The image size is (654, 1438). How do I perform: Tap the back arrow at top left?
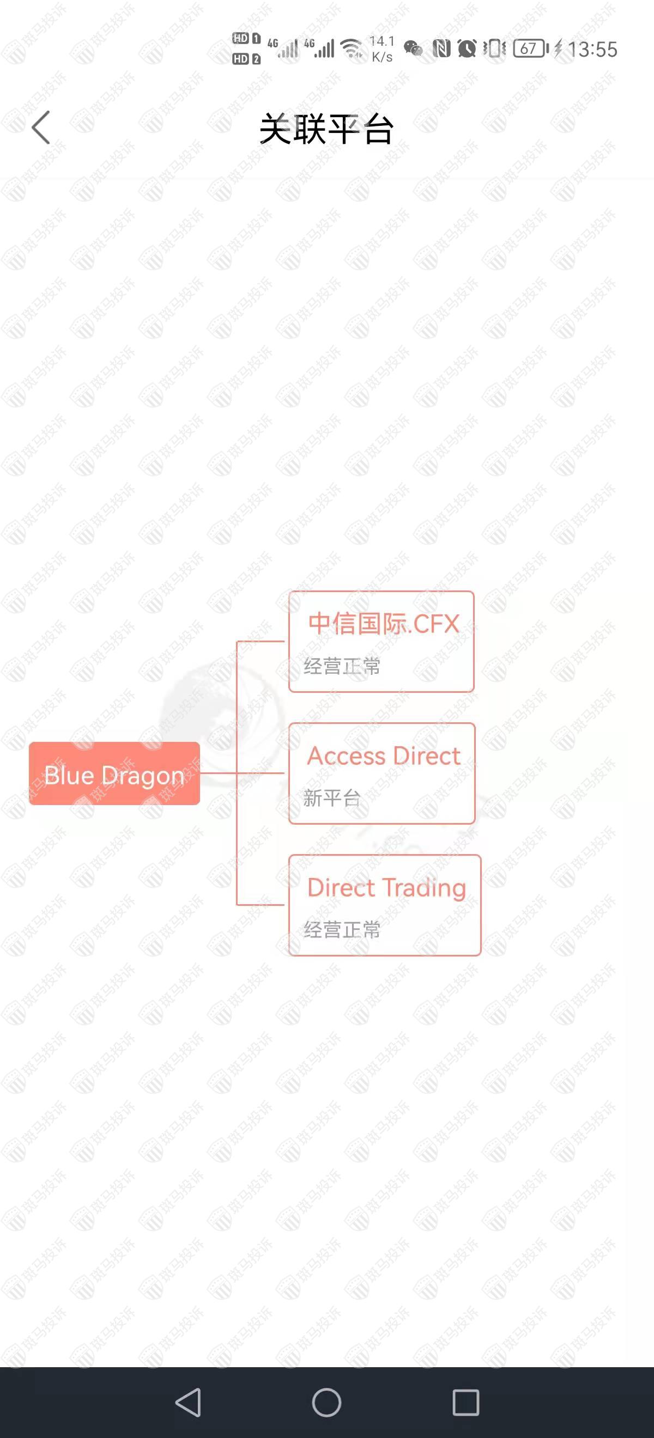click(41, 127)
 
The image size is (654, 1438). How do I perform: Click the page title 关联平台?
click(326, 129)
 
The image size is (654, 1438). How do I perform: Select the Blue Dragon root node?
click(114, 773)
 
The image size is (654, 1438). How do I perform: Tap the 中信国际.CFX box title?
click(384, 624)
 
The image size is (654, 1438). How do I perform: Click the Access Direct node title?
click(384, 756)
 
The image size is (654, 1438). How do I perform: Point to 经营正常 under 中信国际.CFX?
click(342, 666)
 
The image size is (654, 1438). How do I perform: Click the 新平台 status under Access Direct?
click(332, 798)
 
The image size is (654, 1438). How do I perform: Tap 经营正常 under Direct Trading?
click(342, 929)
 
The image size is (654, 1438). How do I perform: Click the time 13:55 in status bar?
click(592, 49)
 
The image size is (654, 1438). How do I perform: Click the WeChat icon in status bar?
click(413, 49)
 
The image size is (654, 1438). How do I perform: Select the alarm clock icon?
click(467, 48)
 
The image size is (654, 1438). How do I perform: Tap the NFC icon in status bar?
click(441, 48)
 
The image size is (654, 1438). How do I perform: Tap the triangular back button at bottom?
click(188, 1402)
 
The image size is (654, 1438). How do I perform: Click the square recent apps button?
click(466, 1402)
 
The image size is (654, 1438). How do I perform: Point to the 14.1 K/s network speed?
click(383, 48)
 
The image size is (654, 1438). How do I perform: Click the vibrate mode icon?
click(494, 48)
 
